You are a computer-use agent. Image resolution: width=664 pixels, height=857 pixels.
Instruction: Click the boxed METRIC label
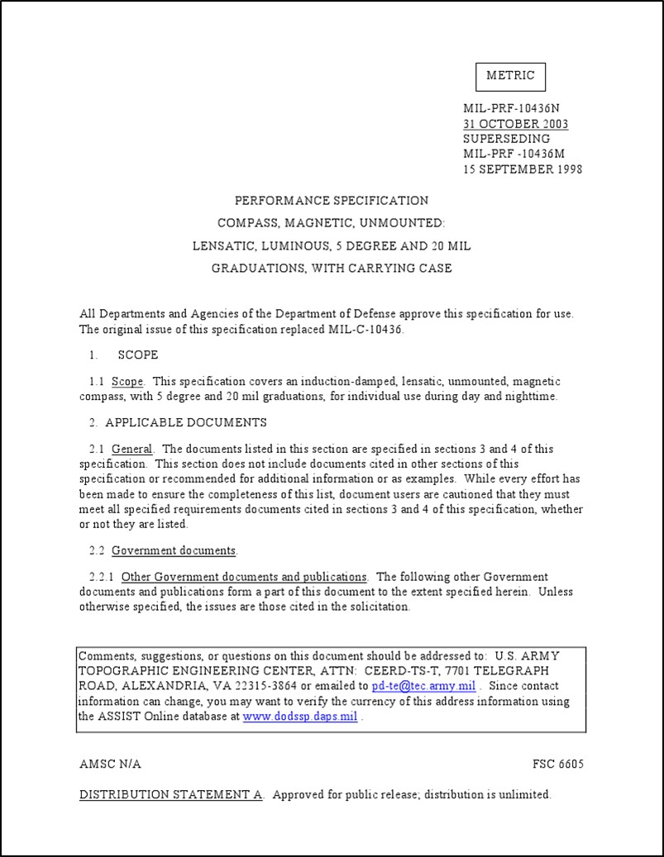click(510, 76)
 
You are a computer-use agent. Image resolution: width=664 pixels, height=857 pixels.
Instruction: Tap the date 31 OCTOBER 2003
click(515, 124)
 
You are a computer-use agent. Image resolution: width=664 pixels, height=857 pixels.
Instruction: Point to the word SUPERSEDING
click(506, 139)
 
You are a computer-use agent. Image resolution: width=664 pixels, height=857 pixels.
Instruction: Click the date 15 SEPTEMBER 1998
click(523, 169)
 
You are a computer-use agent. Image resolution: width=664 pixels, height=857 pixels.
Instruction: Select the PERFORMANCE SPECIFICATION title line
click(332, 201)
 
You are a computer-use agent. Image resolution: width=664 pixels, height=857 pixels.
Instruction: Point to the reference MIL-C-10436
click(367, 329)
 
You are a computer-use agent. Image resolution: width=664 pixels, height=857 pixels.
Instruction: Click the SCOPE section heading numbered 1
click(137, 355)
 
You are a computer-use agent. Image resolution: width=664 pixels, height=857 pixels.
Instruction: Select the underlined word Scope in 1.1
click(127, 382)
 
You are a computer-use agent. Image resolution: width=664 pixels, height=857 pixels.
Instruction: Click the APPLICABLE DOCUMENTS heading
click(185, 422)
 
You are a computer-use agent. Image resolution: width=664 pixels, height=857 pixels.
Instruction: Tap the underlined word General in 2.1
click(131, 450)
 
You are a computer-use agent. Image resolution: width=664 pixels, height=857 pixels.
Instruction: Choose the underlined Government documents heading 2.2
click(174, 550)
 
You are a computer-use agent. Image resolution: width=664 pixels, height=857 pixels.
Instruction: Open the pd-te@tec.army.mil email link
click(423, 686)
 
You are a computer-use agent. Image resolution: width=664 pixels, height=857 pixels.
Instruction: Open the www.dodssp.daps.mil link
click(300, 717)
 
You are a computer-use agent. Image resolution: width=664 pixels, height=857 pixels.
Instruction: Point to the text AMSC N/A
click(110, 764)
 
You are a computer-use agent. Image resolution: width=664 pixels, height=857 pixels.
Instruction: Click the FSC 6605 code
click(558, 764)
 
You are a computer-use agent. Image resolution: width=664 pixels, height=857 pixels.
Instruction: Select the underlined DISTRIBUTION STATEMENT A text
click(170, 795)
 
